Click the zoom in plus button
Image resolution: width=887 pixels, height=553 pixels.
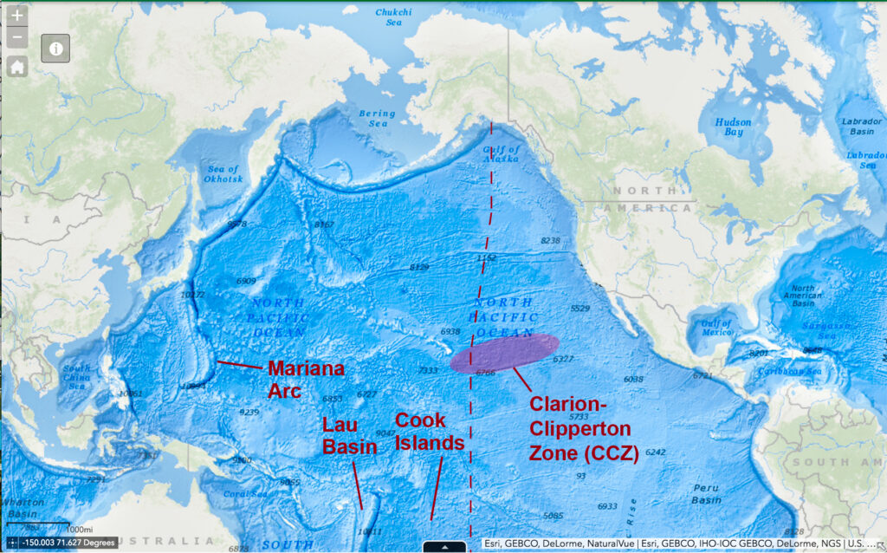tap(17, 16)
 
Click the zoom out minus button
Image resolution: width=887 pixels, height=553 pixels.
tap(17, 38)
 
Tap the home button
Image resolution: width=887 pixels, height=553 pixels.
tap(17, 67)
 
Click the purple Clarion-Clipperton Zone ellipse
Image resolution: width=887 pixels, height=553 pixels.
tap(504, 353)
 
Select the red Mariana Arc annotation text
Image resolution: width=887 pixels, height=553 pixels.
tap(305, 380)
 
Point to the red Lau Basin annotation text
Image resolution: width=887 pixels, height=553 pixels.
tap(349, 435)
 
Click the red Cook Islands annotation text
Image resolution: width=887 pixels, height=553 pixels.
tap(431, 431)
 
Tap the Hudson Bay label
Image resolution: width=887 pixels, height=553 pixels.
tap(733, 127)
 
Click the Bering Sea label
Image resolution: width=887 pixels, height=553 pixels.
tap(377, 118)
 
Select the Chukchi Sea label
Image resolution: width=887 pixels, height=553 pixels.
tap(394, 17)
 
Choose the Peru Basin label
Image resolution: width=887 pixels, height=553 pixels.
tap(706, 494)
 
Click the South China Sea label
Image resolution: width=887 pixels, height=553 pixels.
tap(76, 378)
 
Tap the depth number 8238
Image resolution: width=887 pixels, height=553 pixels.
tap(550, 240)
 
